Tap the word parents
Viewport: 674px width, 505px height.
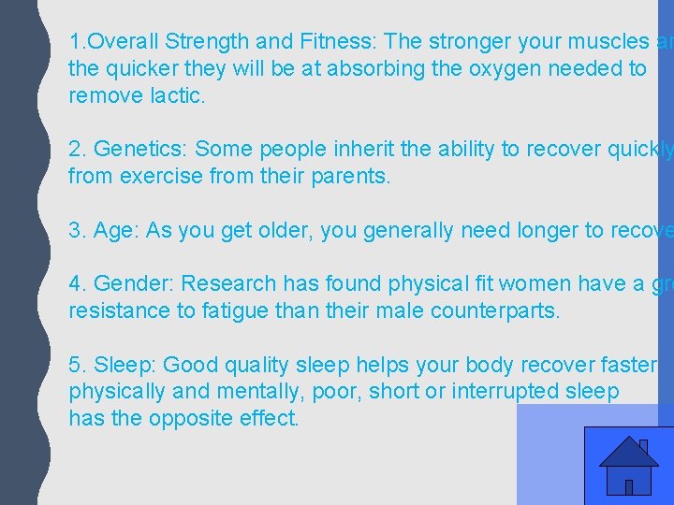(347, 176)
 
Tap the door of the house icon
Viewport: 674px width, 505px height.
(629, 485)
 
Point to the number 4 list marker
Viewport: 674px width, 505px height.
(76, 283)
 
